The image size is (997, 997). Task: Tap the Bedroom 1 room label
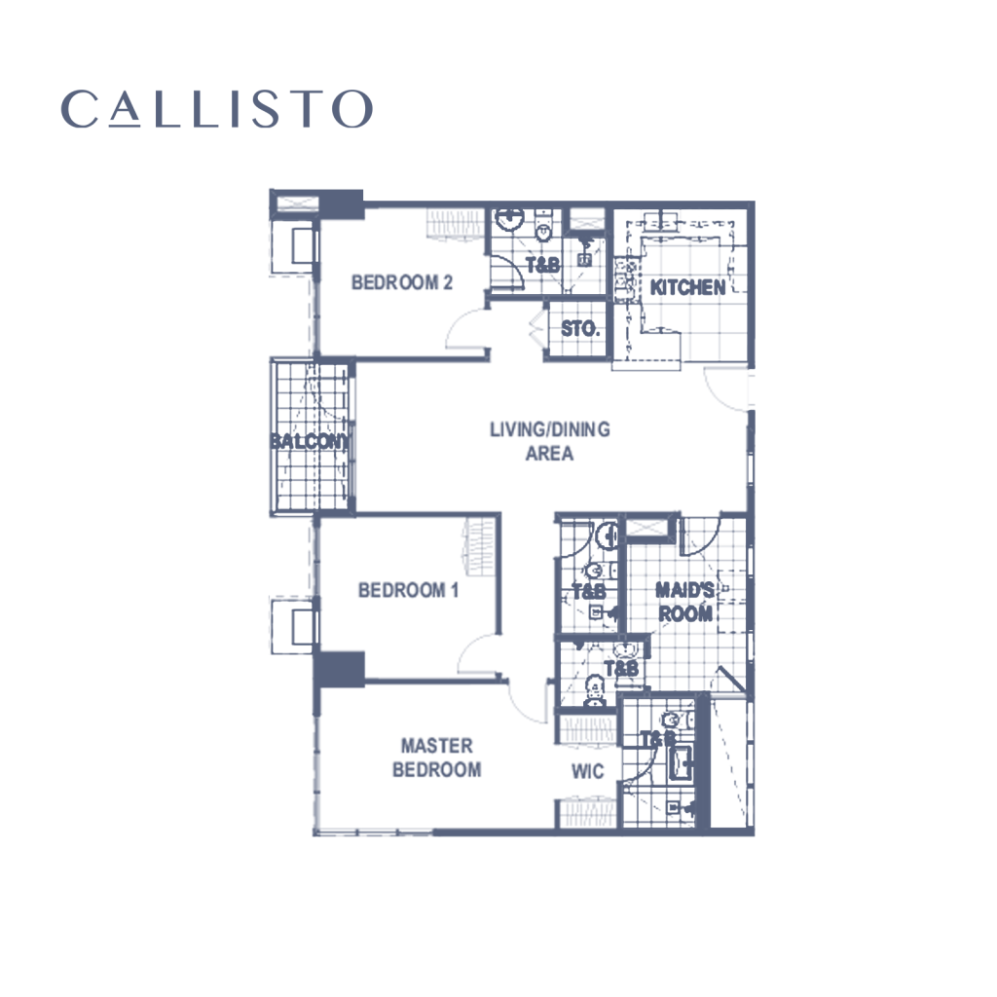pyautogui.click(x=407, y=590)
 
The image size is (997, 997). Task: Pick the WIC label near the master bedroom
pyautogui.click(x=588, y=772)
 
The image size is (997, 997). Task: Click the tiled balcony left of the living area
pyautogui.click(x=313, y=436)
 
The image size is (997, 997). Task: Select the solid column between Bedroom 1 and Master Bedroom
pyautogui.click(x=341, y=670)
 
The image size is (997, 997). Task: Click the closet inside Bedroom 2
pyautogui.click(x=456, y=225)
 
